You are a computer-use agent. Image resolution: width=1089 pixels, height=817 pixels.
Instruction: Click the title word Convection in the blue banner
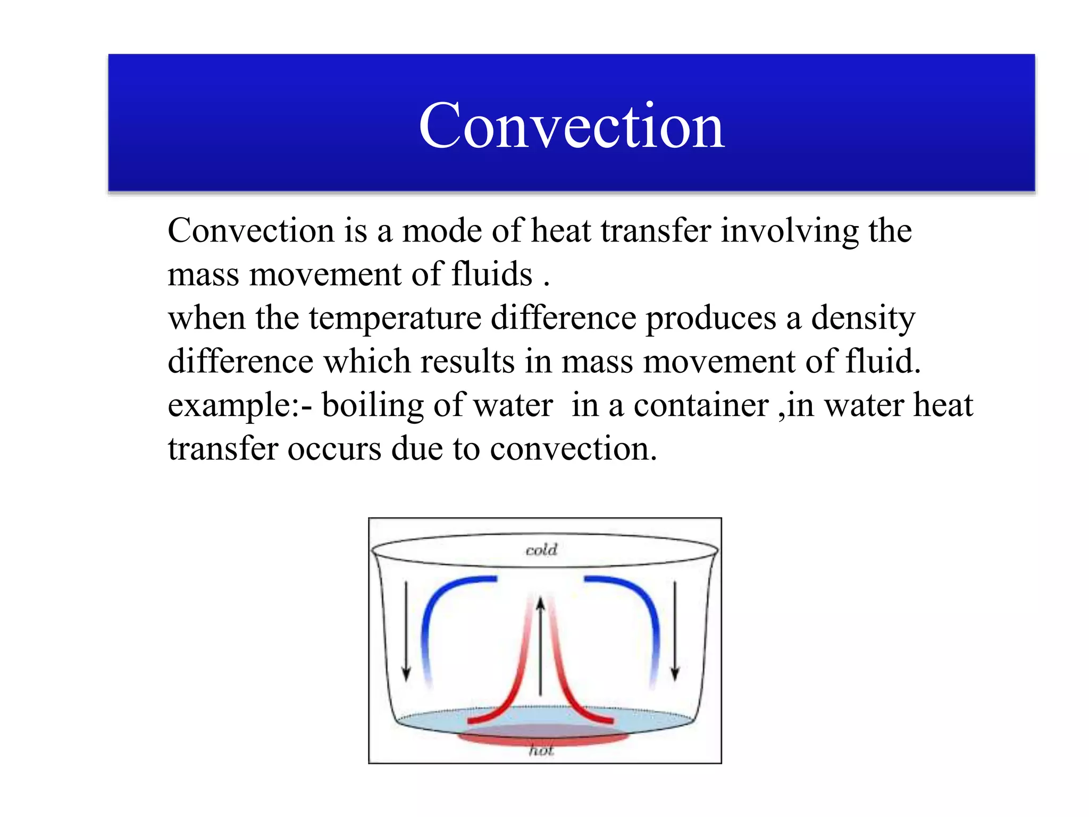572,126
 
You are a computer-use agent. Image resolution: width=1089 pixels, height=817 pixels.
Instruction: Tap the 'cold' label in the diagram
541,549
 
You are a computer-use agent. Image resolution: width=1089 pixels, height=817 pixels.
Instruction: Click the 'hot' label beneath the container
541,750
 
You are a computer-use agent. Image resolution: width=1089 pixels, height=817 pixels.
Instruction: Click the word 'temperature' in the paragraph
395,318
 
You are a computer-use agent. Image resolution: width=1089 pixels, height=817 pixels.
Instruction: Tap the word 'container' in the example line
701,405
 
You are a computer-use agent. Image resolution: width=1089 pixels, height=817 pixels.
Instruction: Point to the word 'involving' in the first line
789,231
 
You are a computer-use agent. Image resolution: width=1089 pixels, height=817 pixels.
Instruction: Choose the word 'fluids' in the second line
491,274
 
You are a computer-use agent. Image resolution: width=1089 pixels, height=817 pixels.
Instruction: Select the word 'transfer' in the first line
656,231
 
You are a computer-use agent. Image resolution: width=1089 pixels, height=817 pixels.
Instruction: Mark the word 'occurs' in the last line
334,449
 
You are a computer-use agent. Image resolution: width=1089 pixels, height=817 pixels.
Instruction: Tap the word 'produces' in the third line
711,318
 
